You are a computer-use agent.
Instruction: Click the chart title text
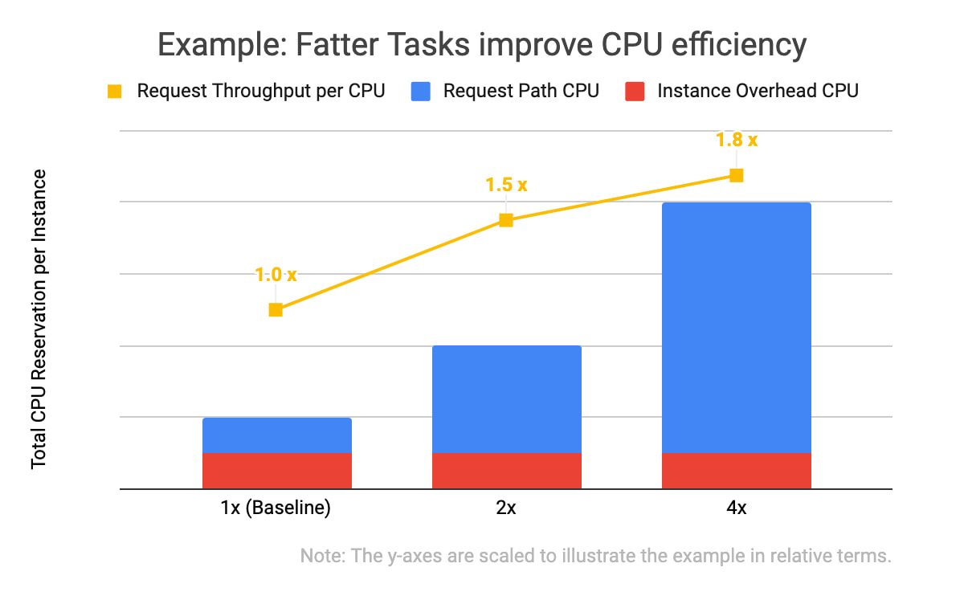(x=482, y=45)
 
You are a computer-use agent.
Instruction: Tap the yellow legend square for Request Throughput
(x=114, y=92)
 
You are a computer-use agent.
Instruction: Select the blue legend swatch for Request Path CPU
(x=420, y=92)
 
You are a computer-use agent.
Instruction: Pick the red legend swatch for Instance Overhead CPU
(x=635, y=92)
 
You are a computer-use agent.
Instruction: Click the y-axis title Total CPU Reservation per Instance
(x=39, y=319)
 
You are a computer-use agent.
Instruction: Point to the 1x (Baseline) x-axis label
(x=276, y=508)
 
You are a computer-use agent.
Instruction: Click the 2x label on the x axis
(x=506, y=508)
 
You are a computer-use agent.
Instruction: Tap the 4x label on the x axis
(x=737, y=508)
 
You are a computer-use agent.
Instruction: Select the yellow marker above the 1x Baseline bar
(x=276, y=310)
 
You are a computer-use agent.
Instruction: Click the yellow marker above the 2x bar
(x=506, y=220)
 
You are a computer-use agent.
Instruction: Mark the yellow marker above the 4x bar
(x=737, y=176)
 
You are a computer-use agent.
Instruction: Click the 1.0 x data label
(x=276, y=275)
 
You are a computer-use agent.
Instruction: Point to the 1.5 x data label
(x=507, y=185)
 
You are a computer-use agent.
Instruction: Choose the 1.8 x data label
(x=737, y=140)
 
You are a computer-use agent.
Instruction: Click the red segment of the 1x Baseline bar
(x=277, y=471)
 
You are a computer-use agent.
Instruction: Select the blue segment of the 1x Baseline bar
(x=277, y=435)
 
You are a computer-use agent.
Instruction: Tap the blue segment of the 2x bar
(x=507, y=399)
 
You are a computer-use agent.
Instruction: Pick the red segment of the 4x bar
(x=737, y=471)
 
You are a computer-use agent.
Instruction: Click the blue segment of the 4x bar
(x=737, y=328)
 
